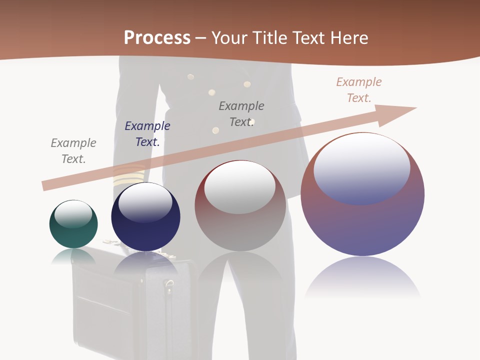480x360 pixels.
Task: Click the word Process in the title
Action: click(x=157, y=38)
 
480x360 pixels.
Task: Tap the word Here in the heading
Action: click(x=349, y=38)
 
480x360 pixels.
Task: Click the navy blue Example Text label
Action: click(x=147, y=134)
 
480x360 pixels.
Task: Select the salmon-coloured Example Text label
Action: click(x=359, y=90)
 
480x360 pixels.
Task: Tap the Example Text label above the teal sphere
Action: click(x=73, y=151)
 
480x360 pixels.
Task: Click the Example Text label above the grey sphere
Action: click(x=241, y=114)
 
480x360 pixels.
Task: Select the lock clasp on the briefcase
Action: click(x=169, y=286)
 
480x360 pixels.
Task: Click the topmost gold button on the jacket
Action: click(x=190, y=76)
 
